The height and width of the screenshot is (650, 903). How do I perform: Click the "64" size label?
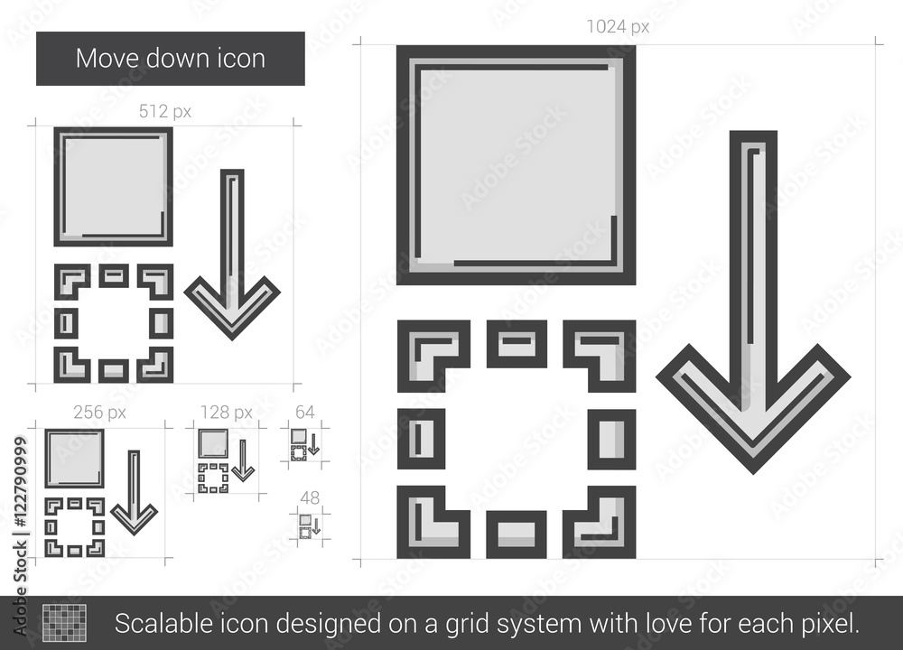click(x=304, y=413)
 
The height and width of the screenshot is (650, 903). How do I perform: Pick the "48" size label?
click(x=310, y=497)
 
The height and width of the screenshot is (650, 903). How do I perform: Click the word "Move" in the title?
click(x=107, y=58)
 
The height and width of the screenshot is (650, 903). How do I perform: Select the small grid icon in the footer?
click(x=64, y=622)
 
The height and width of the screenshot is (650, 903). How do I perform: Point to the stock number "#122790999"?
click(x=21, y=482)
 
